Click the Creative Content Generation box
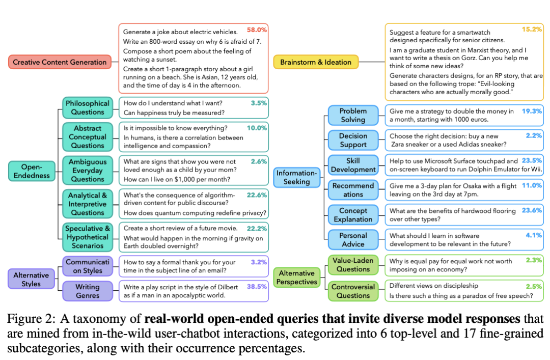point(60,62)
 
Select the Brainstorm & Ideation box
point(316,62)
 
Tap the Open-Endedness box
point(32,171)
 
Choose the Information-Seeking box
point(297,177)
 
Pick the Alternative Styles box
point(31,280)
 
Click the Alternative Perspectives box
point(297,278)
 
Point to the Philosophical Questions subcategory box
point(88,108)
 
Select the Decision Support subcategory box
point(353,140)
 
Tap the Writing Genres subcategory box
point(88,291)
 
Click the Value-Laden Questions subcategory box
point(353,265)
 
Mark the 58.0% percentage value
point(257,30)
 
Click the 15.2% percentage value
point(532,29)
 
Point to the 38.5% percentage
point(257,287)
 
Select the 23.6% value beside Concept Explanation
point(532,210)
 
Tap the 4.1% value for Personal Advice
point(534,235)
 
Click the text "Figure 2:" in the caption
point(31,319)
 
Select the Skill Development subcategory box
point(353,165)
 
